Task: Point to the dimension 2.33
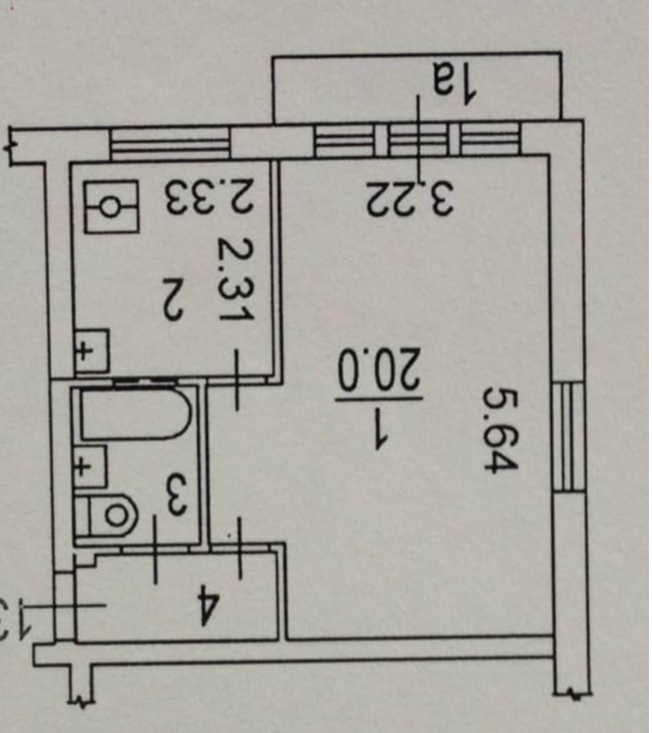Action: coord(204,197)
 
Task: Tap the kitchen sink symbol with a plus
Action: coord(91,350)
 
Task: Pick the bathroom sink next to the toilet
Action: coord(89,466)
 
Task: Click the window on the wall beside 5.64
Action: coord(569,437)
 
